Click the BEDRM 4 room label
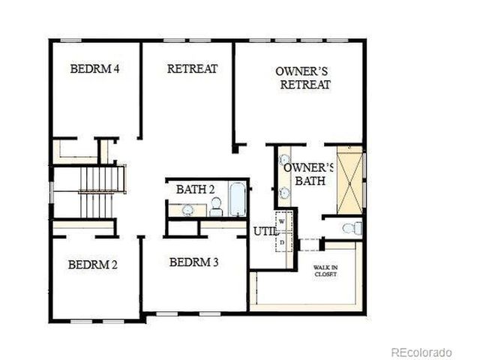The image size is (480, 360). (x=95, y=69)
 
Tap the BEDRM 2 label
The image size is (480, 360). (x=93, y=264)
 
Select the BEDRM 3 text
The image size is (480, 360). (x=193, y=262)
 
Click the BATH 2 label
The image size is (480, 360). (x=196, y=189)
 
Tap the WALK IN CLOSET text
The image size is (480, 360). (x=325, y=271)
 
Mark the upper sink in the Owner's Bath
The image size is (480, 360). (x=285, y=160)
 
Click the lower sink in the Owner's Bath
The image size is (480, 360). (x=285, y=193)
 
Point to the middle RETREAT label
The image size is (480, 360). (x=192, y=69)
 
